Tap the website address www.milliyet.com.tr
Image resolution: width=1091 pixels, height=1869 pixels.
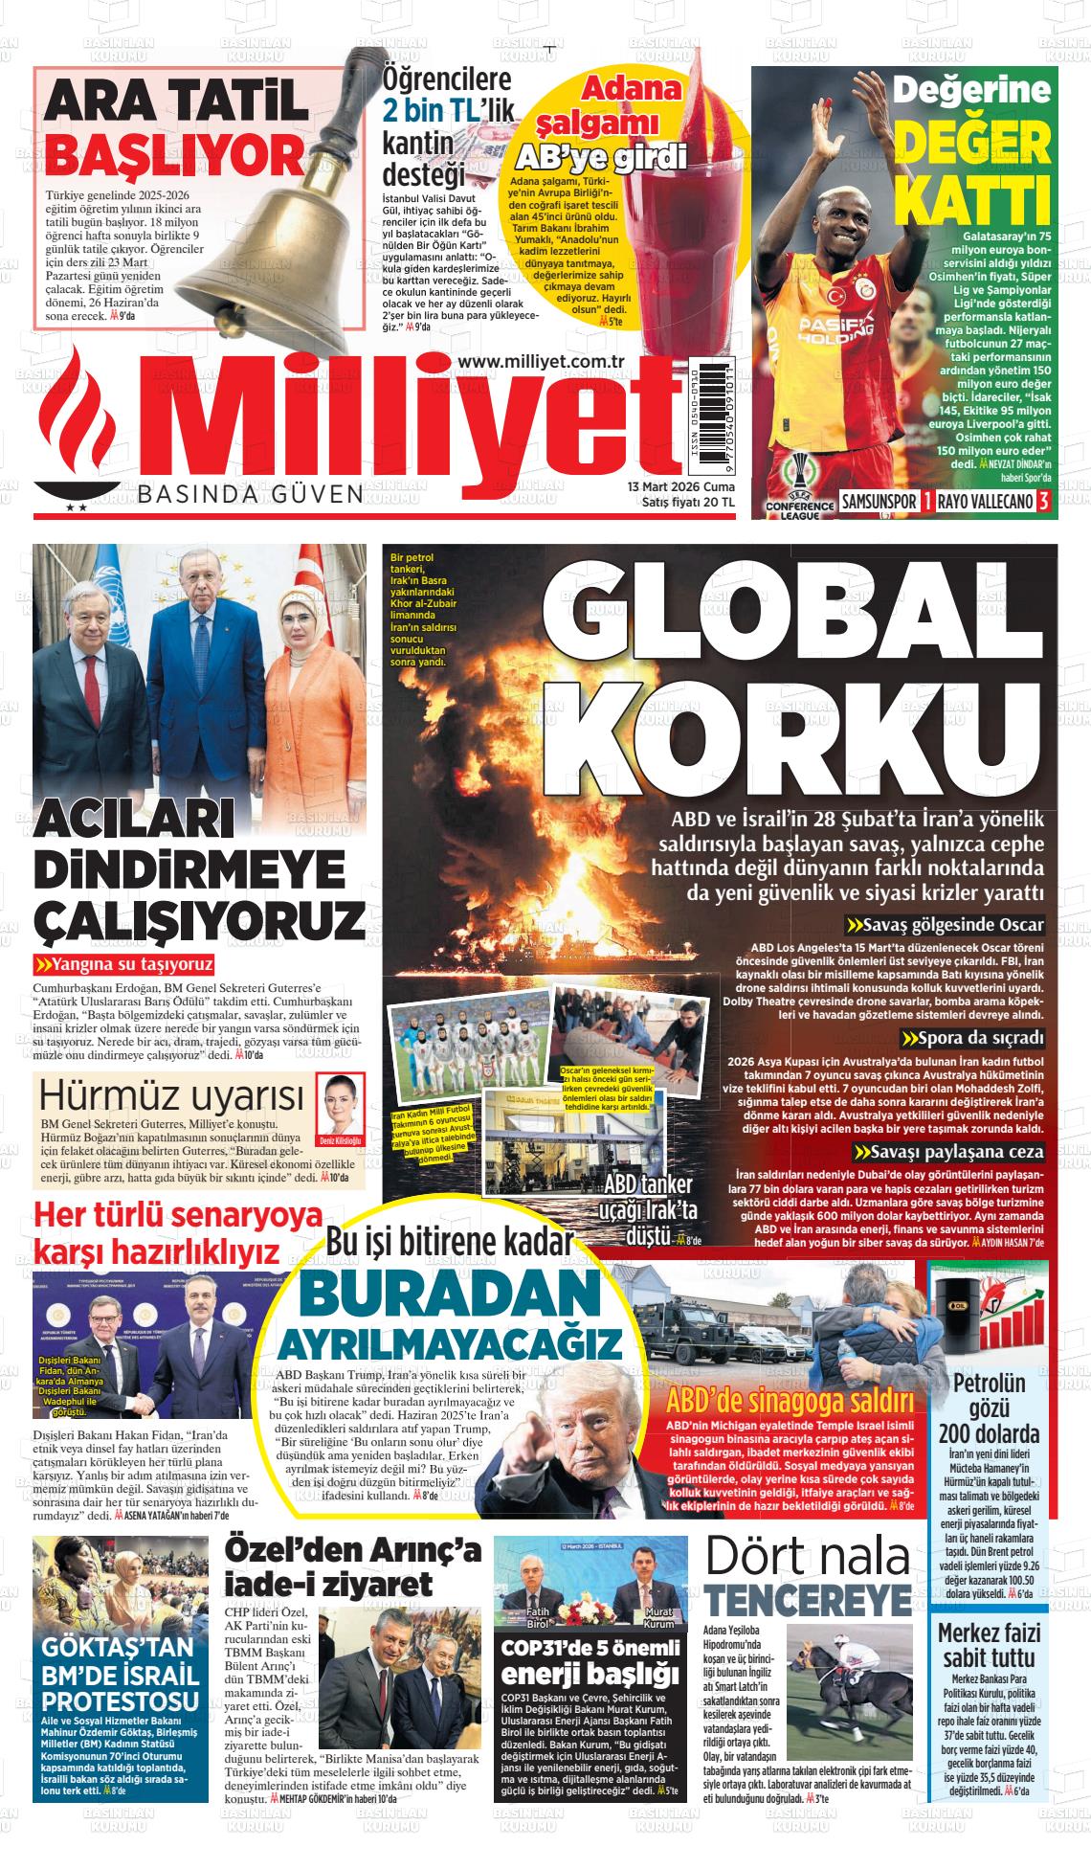[542, 359]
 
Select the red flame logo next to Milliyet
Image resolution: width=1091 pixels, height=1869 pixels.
[77, 421]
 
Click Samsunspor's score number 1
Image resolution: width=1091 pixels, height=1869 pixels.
[926, 502]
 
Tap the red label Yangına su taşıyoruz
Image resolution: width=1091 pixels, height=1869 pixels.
[124, 964]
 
